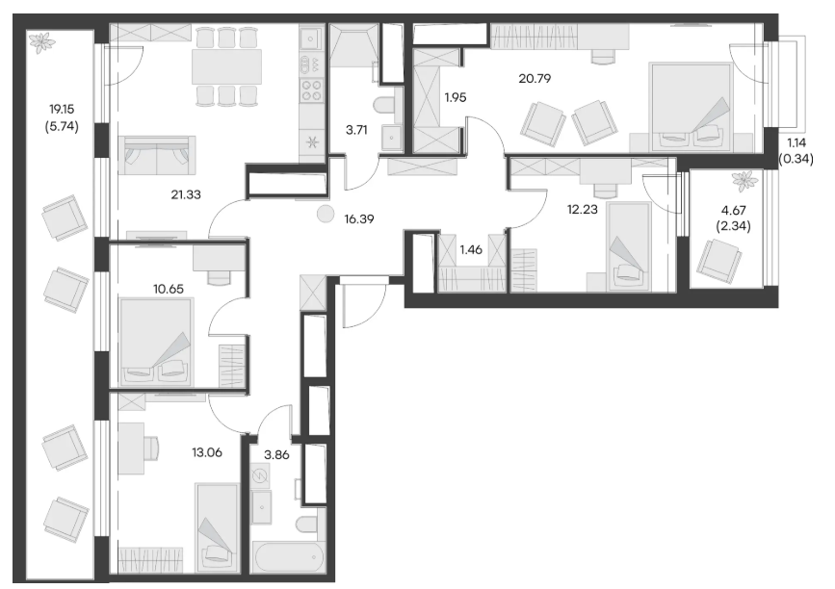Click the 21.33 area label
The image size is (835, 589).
186,194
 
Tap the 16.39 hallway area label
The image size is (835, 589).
359,218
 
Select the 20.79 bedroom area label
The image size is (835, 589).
535,79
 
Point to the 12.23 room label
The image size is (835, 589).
582,210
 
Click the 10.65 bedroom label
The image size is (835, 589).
169,289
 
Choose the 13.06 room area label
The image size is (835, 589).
207,452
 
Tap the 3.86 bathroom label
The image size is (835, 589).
277,455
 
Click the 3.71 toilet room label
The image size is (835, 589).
356,129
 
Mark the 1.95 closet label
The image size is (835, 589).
456,97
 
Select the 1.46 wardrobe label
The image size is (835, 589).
471,249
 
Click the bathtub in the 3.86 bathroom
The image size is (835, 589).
288,557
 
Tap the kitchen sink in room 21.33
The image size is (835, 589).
310,38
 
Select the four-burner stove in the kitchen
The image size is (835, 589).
311,90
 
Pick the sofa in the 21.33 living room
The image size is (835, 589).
157,155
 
